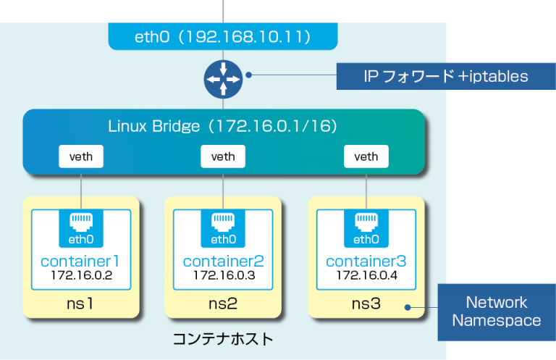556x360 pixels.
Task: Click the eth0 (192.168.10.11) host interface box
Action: tap(223, 35)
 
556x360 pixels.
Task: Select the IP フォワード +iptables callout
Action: tap(446, 76)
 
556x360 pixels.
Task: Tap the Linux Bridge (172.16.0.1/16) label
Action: tap(223, 127)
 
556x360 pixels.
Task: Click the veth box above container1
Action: tap(80, 156)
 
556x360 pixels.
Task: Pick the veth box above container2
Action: tap(223, 156)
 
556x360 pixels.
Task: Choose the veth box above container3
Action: tap(366, 156)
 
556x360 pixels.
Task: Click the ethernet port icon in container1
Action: tap(80, 221)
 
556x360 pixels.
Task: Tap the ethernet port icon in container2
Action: tap(223, 221)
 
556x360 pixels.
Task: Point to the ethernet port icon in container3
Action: tap(366, 221)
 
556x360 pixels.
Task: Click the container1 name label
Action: tap(80, 261)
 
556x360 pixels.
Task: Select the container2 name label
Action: tap(223, 261)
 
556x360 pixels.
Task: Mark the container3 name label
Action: tap(366, 261)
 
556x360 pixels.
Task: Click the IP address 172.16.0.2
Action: tap(80, 276)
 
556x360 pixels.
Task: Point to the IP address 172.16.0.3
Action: tap(223, 276)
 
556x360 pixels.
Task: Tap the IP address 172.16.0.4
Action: tap(366, 276)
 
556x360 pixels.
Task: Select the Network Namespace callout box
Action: tap(496, 311)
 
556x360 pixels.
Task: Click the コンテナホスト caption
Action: tap(223, 338)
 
